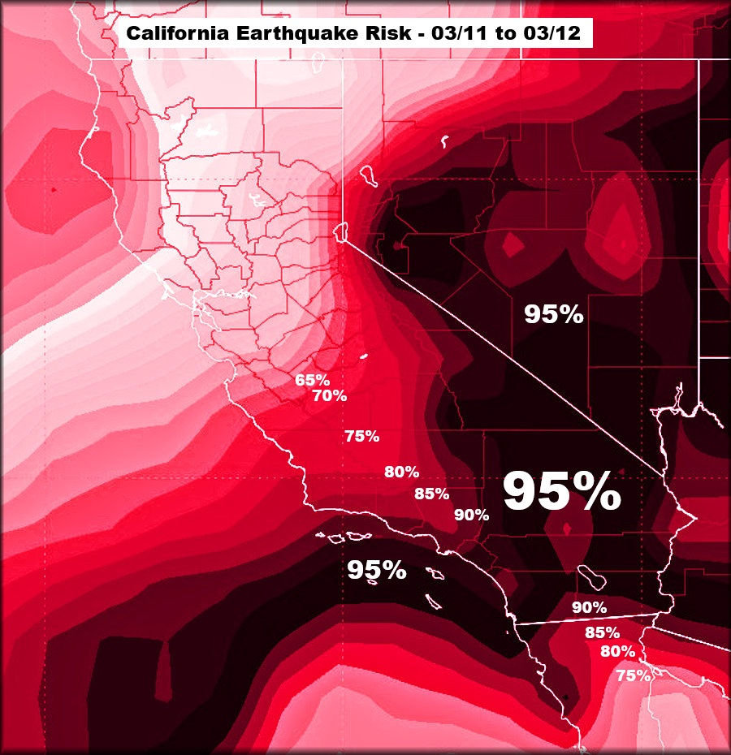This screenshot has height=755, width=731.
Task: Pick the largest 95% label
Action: point(561,492)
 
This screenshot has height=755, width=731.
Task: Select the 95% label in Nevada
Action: point(553,314)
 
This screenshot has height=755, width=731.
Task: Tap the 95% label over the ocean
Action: point(376,570)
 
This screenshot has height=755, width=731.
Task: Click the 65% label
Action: point(312,380)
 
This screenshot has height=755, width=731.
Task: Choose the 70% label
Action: point(329,396)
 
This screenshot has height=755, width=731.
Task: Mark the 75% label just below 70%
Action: point(361,436)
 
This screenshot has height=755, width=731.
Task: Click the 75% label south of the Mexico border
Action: point(633,675)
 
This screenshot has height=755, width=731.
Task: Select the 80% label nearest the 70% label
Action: point(401,472)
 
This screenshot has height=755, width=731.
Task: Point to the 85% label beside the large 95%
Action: point(430,493)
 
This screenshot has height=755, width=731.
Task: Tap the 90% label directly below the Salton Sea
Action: point(589,606)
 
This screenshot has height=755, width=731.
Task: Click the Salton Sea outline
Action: point(590,576)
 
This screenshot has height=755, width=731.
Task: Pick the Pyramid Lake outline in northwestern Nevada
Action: point(366,175)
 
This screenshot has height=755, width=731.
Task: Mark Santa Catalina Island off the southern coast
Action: point(437,574)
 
